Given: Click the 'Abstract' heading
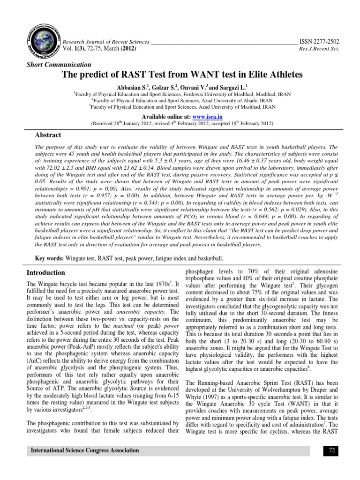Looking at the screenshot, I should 46,135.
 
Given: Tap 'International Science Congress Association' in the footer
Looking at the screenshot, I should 85,451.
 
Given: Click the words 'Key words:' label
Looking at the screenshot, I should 50,258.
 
